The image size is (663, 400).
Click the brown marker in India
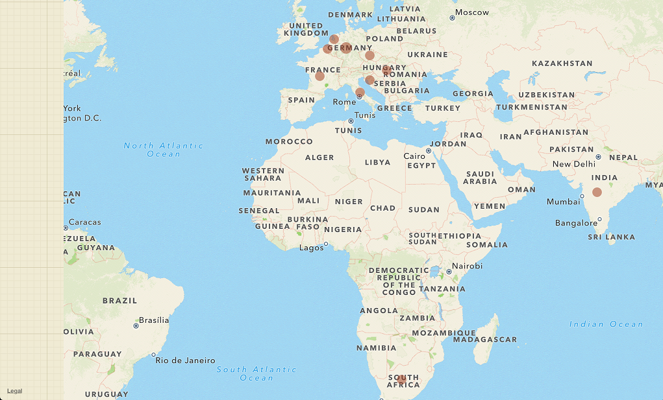coord(597,192)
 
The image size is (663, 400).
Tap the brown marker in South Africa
coord(402,379)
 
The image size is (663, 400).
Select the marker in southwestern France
coord(319,76)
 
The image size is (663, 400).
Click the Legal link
coord(14,391)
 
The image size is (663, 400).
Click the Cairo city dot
coord(429,151)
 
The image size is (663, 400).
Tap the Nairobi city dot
coord(449,271)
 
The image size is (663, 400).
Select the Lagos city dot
coord(326,244)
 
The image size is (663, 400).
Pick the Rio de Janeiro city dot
coord(153,355)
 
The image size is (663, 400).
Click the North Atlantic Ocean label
coord(164,150)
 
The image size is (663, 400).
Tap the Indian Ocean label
coord(606,324)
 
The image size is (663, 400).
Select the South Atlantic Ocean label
coord(256,373)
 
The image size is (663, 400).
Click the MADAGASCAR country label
coord(484,339)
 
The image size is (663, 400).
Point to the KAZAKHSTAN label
coord(562,64)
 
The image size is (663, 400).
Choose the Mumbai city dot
coord(581,198)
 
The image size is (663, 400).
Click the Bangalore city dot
coord(600,219)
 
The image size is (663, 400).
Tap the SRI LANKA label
coord(611,237)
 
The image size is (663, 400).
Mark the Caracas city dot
coord(66,228)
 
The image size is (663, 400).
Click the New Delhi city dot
coord(598,157)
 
